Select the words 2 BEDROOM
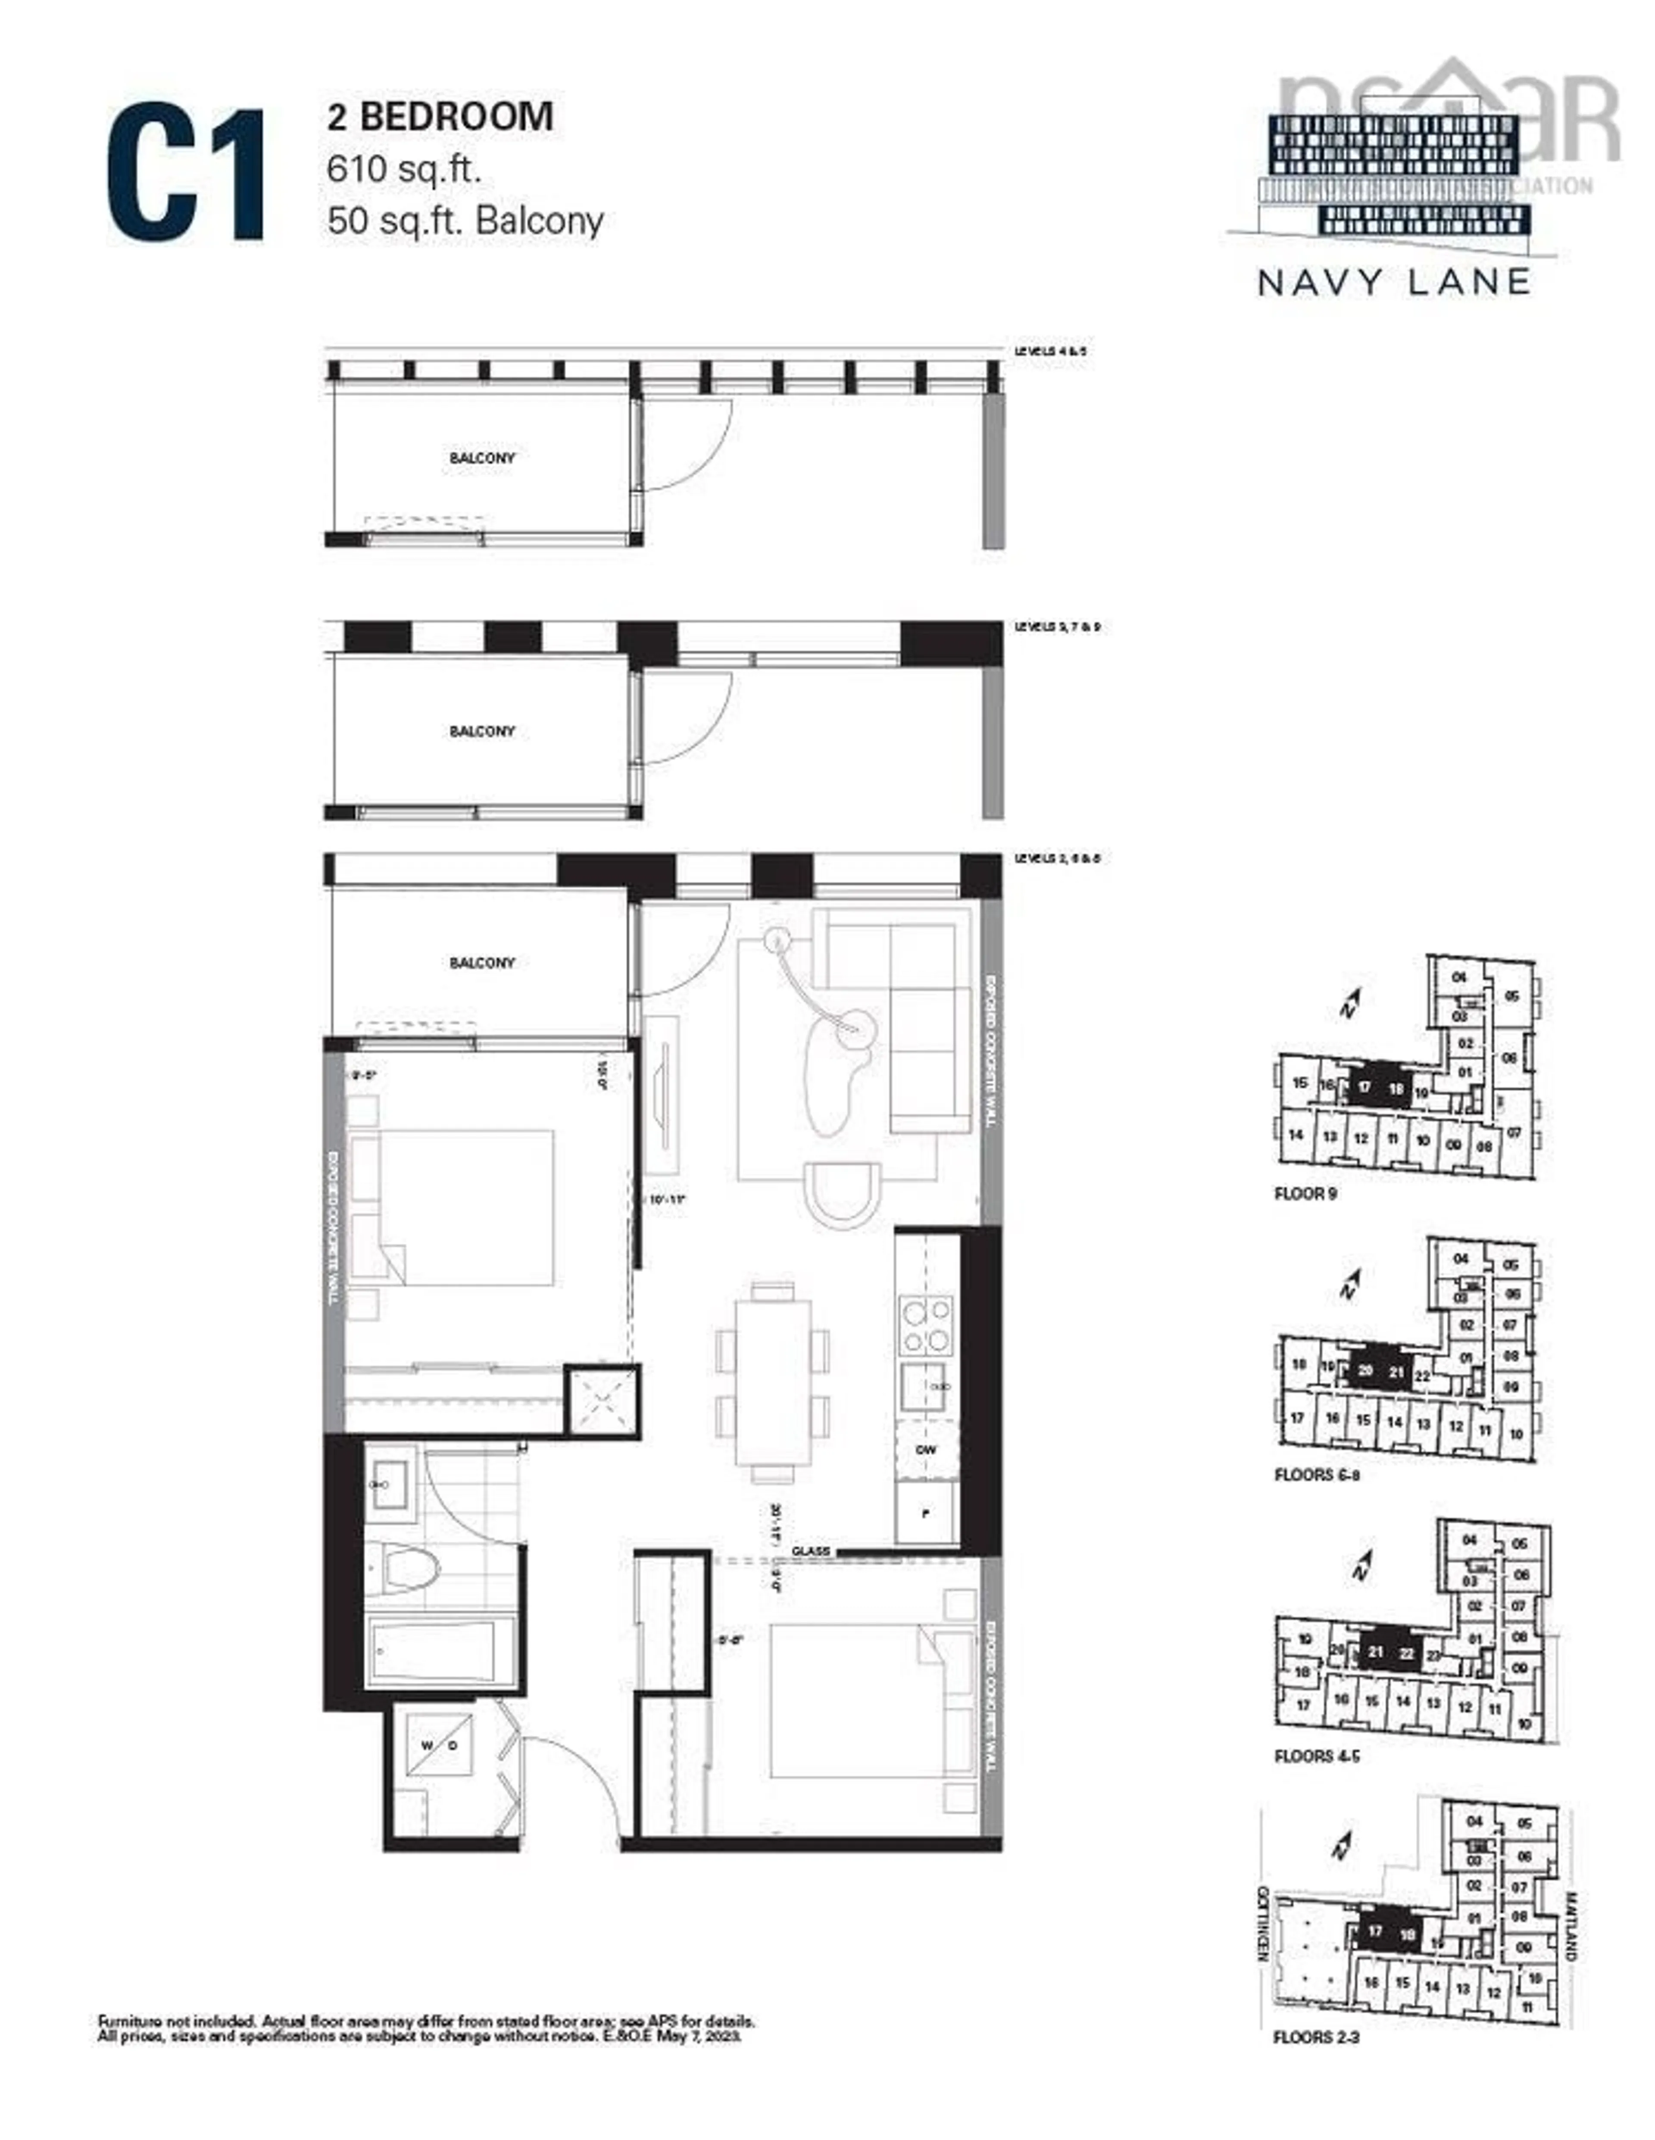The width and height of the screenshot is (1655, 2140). point(440,117)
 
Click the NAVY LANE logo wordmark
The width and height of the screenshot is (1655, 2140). point(1393,282)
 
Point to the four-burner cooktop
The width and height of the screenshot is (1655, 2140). point(925,1325)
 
